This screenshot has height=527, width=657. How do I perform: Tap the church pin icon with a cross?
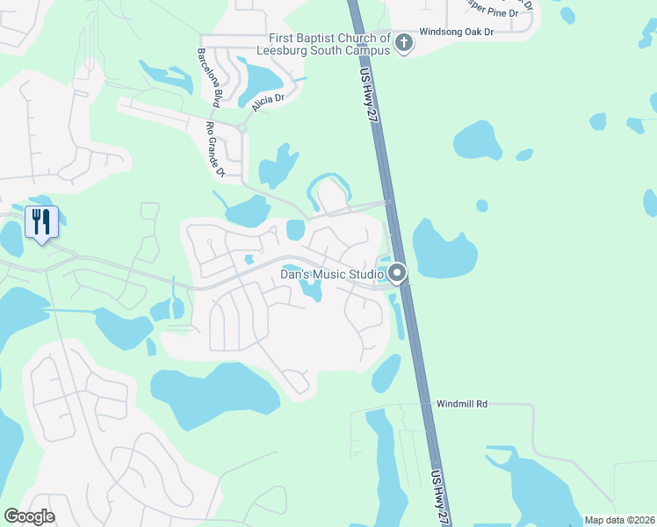coord(404,41)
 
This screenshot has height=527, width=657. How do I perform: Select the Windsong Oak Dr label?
coord(457,32)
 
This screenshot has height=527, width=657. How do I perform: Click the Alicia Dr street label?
coord(269,102)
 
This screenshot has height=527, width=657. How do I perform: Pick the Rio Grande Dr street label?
coord(215,149)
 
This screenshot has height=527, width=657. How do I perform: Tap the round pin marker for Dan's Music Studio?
coord(397,273)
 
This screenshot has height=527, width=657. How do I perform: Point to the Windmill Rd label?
coord(461,404)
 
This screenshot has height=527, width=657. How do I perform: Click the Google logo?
coord(29,516)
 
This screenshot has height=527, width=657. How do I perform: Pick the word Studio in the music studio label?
coord(365,274)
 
